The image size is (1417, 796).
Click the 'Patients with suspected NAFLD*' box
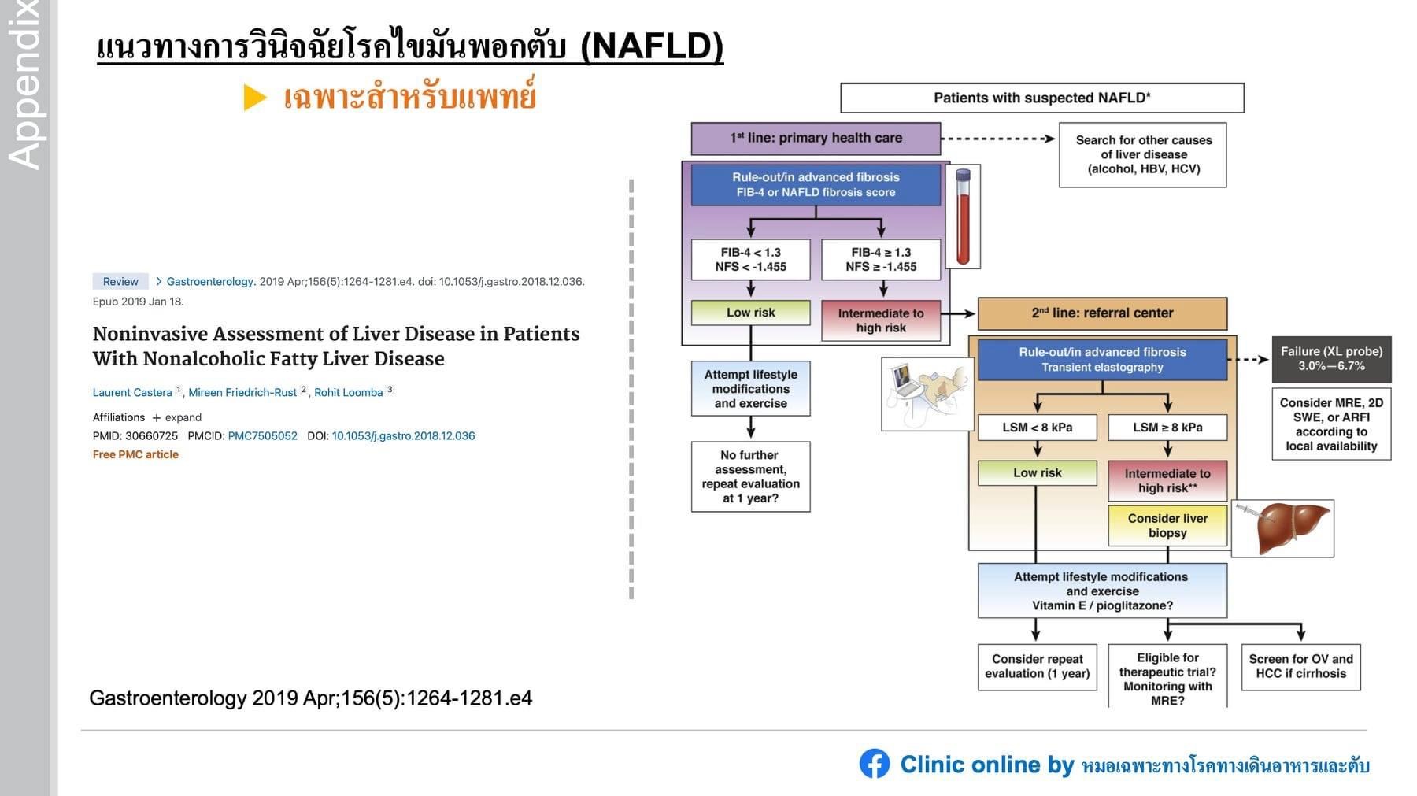coord(1041,98)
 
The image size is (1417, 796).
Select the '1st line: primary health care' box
coord(816,138)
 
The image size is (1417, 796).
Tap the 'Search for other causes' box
coord(1143,154)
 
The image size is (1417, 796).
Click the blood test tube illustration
coord(963,217)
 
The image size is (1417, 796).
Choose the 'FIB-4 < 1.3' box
coord(750,260)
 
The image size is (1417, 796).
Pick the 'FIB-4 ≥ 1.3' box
coord(881,260)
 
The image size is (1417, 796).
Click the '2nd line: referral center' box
coord(1102,313)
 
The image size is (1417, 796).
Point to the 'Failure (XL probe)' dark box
coord(1331,359)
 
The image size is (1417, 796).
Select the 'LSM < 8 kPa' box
coord(1037,428)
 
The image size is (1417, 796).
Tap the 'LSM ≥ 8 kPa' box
coord(1167,428)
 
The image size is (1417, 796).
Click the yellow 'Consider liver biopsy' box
coord(1167,526)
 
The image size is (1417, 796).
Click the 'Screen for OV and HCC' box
coord(1300,667)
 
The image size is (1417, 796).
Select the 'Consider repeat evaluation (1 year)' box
coord(1037,667)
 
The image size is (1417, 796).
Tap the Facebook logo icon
coord(874,764)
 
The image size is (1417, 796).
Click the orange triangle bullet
coord(254,98)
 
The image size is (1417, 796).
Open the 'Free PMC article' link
coord(135,454)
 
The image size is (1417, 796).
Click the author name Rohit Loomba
coord(348,392)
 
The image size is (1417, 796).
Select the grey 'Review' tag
coord(120,281)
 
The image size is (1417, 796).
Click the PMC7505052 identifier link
coord(262,435)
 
